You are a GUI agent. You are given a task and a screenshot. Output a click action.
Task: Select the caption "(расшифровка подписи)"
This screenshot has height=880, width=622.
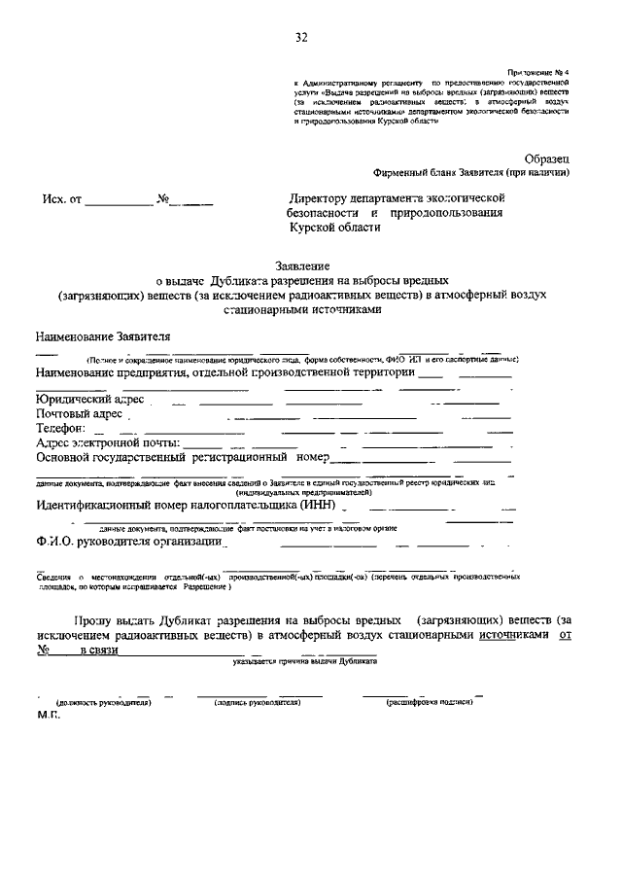point(429,701)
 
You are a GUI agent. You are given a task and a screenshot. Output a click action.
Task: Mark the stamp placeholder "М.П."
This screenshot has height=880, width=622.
point(49,715)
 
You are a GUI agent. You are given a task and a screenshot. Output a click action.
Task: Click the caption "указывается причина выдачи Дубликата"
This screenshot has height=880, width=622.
point(305,661)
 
